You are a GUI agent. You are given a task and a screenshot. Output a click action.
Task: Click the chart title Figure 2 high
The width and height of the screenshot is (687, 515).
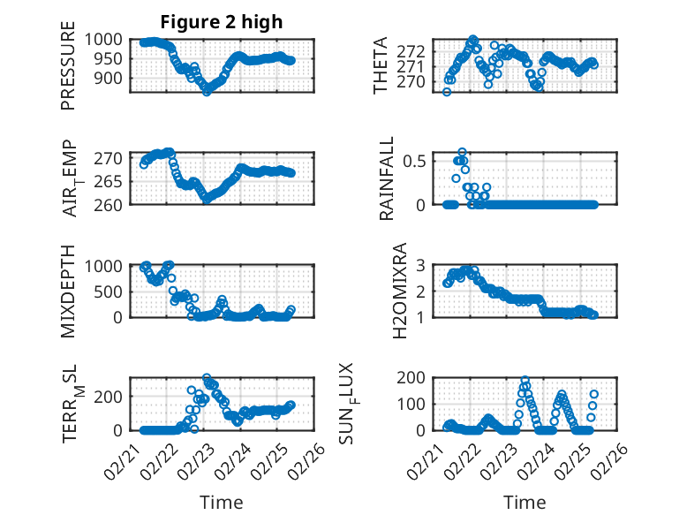221,22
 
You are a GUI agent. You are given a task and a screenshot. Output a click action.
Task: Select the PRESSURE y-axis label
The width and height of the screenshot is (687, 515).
68,72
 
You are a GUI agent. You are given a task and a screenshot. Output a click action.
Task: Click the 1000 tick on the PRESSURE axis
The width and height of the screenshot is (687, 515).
109,40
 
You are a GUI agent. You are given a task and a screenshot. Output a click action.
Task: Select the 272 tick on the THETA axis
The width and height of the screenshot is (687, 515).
415,49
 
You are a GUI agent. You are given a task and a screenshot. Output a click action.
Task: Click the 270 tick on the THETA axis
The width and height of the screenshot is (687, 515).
415,81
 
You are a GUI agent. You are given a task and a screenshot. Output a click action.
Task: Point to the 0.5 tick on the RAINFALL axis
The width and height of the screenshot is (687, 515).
415,161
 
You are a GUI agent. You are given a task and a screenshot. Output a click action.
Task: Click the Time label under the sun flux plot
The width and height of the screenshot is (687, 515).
524,502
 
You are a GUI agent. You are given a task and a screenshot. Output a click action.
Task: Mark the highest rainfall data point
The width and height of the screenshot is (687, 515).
462,152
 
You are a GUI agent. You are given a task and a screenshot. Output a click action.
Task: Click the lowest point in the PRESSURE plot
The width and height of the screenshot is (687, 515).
207,91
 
